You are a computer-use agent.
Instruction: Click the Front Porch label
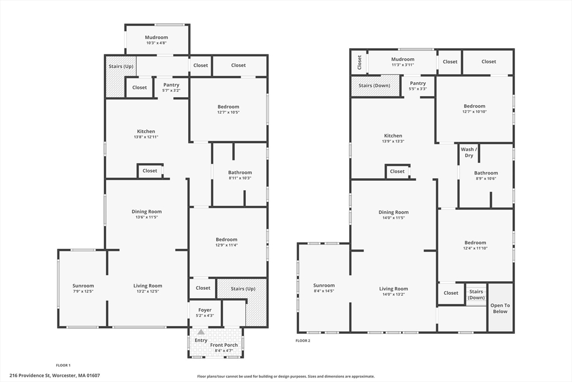[223, 345]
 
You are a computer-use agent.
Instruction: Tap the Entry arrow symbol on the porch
[201, 332]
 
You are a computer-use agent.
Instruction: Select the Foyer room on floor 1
[204, 312]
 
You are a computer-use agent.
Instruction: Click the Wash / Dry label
[467, 152]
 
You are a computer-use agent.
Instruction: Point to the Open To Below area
[500, 308]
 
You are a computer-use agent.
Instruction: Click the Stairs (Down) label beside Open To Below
[476, 294]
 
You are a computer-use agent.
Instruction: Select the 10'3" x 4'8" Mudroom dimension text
[156, 43]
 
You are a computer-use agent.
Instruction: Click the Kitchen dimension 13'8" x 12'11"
[146, 137]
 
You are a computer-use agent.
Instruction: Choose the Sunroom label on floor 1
[83, 286]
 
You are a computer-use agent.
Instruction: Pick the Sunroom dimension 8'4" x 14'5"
[324, 291]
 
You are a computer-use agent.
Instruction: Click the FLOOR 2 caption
[303, 341]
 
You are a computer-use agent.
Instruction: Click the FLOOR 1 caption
[63, 365]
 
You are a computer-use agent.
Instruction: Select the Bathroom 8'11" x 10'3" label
[240, 175]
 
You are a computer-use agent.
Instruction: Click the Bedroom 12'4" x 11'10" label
[475, 245]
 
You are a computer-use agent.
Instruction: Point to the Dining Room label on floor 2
[394, 212]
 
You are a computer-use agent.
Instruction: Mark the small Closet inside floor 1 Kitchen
[150, 171]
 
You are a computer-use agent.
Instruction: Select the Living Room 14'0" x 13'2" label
[394, 291]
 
